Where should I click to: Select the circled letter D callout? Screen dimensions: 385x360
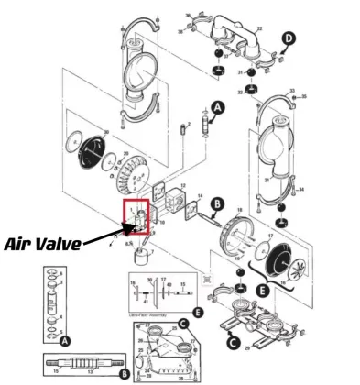pos(290,38)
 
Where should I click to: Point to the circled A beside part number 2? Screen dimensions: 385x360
pos(216,107)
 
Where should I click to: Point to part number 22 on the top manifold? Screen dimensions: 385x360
pos(259,29)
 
